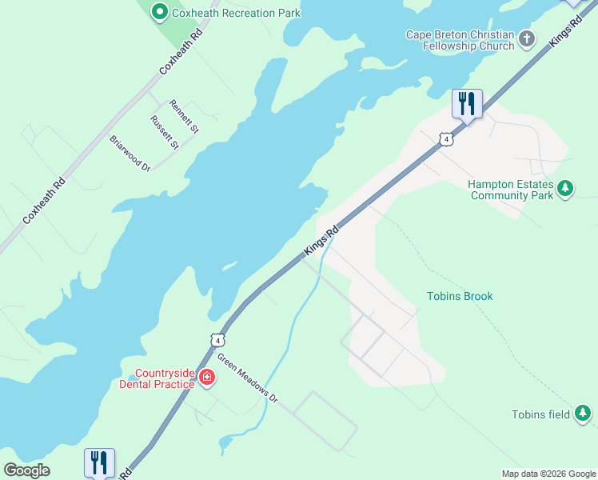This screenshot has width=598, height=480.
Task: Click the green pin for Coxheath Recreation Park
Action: pos(158,11)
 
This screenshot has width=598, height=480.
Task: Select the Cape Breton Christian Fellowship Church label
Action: pos(460,40)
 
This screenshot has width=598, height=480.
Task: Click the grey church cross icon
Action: pos(526,38)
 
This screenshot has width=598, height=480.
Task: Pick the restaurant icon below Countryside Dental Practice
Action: pos(99,462)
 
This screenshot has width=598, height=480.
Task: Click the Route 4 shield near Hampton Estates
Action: pos(446,139)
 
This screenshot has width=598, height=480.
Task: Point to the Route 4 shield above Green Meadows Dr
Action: pos(217,339)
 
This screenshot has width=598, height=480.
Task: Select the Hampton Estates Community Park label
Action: pos(510,190)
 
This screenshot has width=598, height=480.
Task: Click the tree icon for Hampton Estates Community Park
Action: pos(566,189)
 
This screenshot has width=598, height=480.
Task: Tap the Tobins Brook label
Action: pos(460,296)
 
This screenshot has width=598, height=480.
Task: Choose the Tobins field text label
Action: pos(541,414)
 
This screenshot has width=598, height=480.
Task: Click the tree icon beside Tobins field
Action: pos(584,413)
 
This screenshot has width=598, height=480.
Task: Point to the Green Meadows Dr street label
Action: pos(247,378)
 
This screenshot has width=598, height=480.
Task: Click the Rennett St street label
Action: pos(184,116)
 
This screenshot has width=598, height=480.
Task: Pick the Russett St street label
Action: pos(163,132)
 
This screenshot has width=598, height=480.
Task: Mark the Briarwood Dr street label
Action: pos(130,153)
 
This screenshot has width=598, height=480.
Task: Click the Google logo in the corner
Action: pos(26,470)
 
